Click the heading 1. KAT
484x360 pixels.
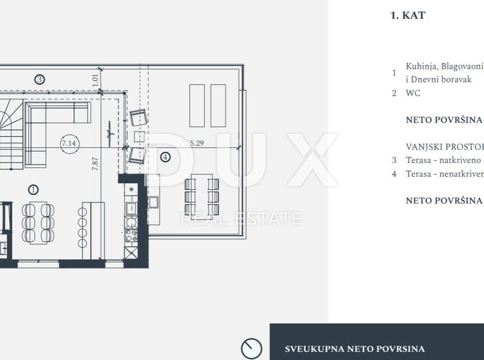tap(407, 15)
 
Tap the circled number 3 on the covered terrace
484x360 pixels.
tap(39, 80)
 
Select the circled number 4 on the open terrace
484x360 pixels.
tap(165, 157)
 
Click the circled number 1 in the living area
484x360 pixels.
tap(33, 190)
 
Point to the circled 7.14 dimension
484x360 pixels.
tap(69, 143)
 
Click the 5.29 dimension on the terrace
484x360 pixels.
tap(197, 143)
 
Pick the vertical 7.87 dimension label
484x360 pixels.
tap(95, 164)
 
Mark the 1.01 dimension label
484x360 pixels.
tap(95, 81)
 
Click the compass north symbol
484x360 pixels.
tap(252, 349)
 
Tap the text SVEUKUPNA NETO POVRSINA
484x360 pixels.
tap(354, 349)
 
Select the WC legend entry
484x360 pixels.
tap(413, 93)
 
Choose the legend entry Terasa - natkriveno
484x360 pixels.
tap(443, 160)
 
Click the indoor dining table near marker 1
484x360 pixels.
tap(39, 223)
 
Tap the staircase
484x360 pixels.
tap(11, 134)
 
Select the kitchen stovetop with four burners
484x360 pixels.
tap(131, 236)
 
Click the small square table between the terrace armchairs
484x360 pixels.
tap(139, 136)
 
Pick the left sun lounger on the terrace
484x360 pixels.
tap(197, 105)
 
